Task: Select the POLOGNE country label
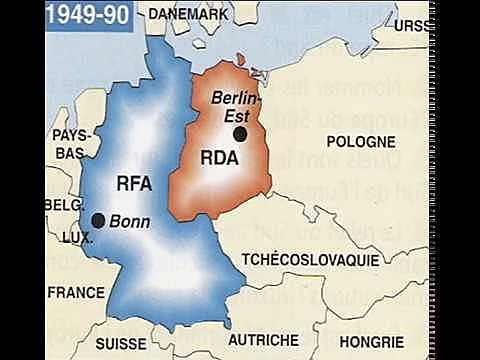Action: tap(362, 141)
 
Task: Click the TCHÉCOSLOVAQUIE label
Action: tap(310, 259)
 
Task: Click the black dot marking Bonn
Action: tap(98, 219)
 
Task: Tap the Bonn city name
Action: tap(129, 220)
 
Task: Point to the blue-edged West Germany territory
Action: tap(150, 250)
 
